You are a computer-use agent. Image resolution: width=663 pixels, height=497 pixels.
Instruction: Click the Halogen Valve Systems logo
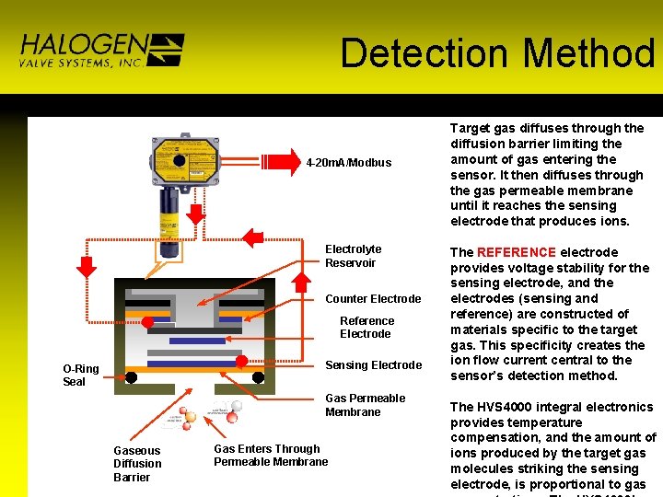[x=100, y=51]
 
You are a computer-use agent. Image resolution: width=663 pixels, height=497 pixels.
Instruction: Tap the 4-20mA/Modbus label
[x=349, y=163]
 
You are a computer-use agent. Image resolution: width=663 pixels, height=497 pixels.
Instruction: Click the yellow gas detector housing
[x=185, y=157]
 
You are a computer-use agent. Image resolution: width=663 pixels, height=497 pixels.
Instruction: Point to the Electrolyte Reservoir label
[x=353, y=256]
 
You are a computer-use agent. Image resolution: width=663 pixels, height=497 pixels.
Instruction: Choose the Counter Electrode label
[x=373, y=299]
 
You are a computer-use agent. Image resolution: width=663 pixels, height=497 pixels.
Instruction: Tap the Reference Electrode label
[x=366, y=328]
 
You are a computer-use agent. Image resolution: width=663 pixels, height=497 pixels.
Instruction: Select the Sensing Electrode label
[x=373, y=365]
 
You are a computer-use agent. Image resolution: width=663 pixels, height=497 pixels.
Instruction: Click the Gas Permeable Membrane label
[x=365, y=405]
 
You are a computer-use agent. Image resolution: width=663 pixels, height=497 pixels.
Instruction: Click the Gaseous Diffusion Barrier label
[x=137, y=464]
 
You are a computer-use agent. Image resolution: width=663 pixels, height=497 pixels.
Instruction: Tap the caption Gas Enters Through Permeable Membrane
[x=271, y=456]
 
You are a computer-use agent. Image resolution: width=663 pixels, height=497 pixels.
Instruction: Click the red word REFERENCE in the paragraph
[x=516, y=252]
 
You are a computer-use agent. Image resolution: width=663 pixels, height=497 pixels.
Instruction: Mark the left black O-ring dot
[x=132, y=377]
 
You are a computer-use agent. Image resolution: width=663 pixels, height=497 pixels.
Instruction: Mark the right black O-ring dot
[x=258, y=377]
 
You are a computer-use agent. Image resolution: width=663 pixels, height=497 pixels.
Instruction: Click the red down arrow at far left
[x=86, y=266]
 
